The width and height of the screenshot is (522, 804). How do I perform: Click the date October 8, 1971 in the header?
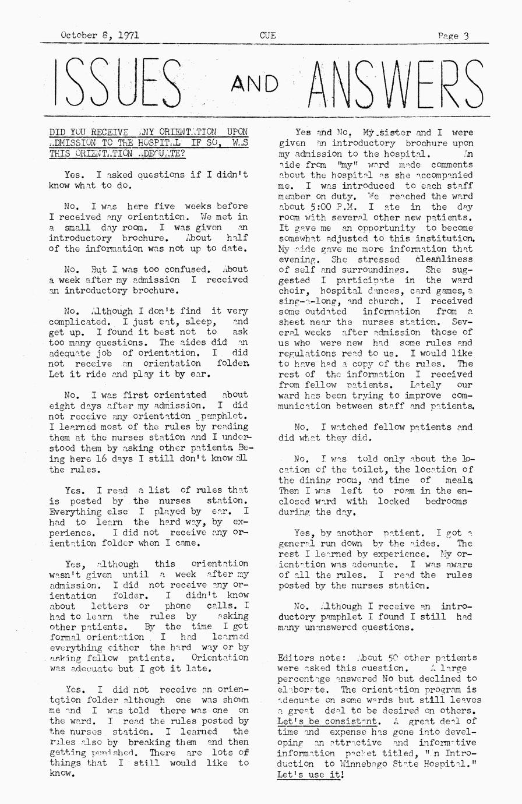coord(100,35)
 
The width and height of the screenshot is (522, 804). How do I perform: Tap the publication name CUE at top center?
coord(267,35)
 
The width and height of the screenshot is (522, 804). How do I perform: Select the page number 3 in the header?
coord(467,36)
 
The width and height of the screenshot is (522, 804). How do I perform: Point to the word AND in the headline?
coord(255,84)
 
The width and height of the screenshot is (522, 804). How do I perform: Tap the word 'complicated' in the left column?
coord(76,322)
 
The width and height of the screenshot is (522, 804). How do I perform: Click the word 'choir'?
coord(292,291)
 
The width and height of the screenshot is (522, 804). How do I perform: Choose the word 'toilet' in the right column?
coord(371,470)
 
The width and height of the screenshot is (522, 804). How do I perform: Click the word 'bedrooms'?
coord(446,501)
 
